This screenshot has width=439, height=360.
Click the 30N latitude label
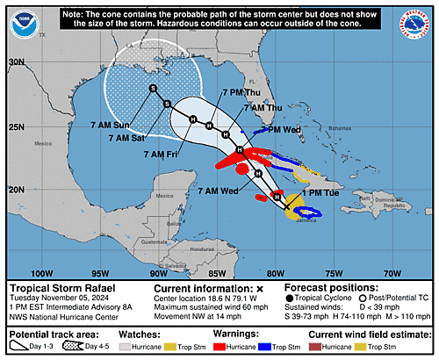click(16, 62)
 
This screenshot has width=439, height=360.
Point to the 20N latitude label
click(16, 189)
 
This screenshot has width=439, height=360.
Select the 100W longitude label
click(41, 272)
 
